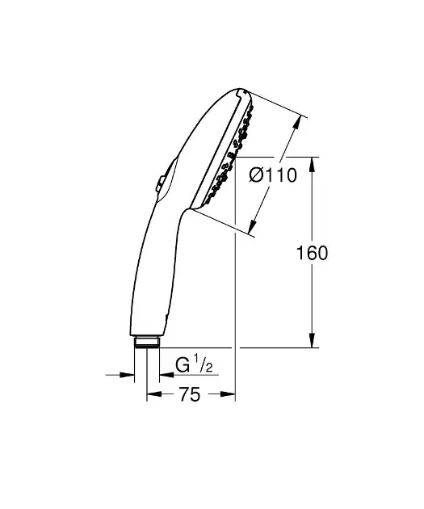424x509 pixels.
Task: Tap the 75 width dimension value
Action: (190, 395)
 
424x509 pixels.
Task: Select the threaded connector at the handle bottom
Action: (146, 340)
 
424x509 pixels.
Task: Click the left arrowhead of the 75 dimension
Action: (151, 395)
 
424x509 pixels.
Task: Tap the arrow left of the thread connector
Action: (127, 374)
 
